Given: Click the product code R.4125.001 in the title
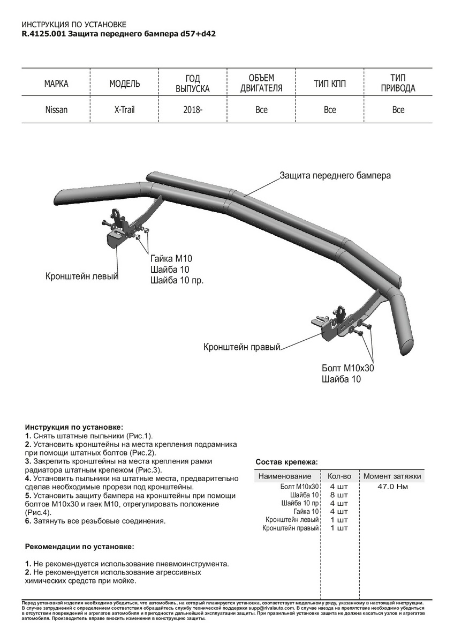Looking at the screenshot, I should pos(44,34).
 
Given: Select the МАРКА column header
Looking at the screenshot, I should pos(56,84).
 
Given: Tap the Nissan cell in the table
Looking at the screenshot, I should pos(56,110).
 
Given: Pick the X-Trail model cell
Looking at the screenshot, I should pos(125,110).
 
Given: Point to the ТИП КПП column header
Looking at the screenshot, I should pos(330,84).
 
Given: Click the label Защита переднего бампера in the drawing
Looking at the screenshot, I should pos(335,175).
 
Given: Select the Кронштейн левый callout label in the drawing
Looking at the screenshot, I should pos(81,276).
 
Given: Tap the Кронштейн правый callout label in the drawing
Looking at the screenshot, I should pos(242,347).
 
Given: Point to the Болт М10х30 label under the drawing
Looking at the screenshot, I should pos(348,369).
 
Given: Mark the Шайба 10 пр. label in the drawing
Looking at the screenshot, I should pos(177,280).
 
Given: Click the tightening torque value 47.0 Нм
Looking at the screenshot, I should pos(393,487).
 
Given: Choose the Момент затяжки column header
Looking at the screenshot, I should pos(392,476).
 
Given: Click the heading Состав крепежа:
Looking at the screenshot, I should pos(286,461).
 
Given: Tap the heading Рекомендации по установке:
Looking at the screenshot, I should pos(80,547).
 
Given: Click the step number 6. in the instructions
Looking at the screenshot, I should pos(28,521).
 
